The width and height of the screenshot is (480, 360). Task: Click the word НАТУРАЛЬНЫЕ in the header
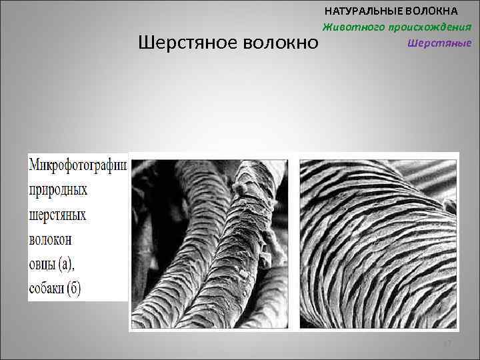pos(364,11)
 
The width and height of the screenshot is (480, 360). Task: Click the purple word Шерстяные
pos(439,43)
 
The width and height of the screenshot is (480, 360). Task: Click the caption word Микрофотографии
pos(77,164)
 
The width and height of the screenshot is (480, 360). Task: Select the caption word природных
pos(58,189)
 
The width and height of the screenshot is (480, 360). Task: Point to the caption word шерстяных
pos(58,215)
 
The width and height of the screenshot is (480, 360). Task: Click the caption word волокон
pos(51,239)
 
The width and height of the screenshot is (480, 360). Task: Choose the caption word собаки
pos(48,289)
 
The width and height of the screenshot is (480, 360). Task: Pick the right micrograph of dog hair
pos(378,243)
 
